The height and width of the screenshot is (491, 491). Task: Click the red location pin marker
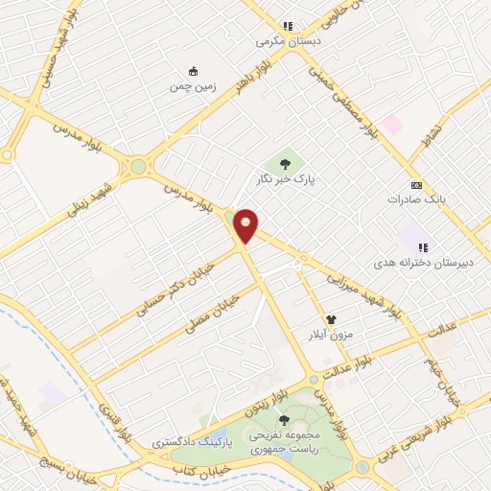246,224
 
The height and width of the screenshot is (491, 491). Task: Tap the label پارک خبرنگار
290,178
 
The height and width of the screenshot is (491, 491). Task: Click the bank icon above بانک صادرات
415,184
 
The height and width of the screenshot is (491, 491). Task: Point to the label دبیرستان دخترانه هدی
413,261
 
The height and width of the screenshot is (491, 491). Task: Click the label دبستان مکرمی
285,41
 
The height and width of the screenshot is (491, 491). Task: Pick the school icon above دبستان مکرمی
287,26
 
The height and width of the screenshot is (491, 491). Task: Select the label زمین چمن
194,86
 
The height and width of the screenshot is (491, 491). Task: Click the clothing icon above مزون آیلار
332,320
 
